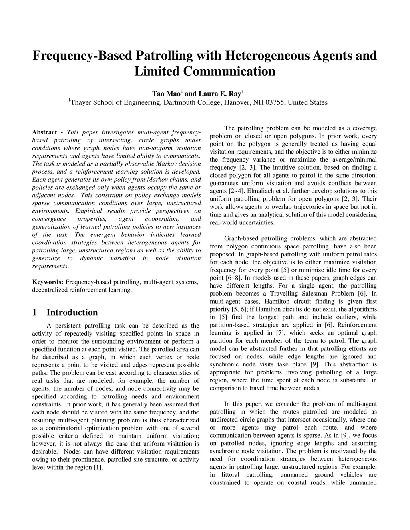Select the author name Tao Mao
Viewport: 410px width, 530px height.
coord(166,94)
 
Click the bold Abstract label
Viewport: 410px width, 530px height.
coord(44,132)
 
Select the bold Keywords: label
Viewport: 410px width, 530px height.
coord(48,282)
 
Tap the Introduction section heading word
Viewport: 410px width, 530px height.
coord(72,312)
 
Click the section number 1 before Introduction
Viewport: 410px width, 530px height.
coord(35,312)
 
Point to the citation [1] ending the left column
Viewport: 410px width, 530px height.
coord(97,468)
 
